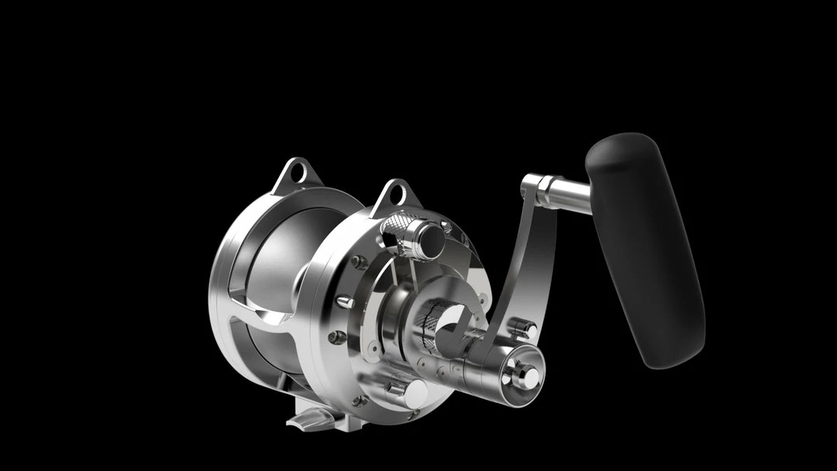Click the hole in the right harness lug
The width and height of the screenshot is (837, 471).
[x=395, y=196]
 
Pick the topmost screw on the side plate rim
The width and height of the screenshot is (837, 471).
[x=360, y=262]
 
